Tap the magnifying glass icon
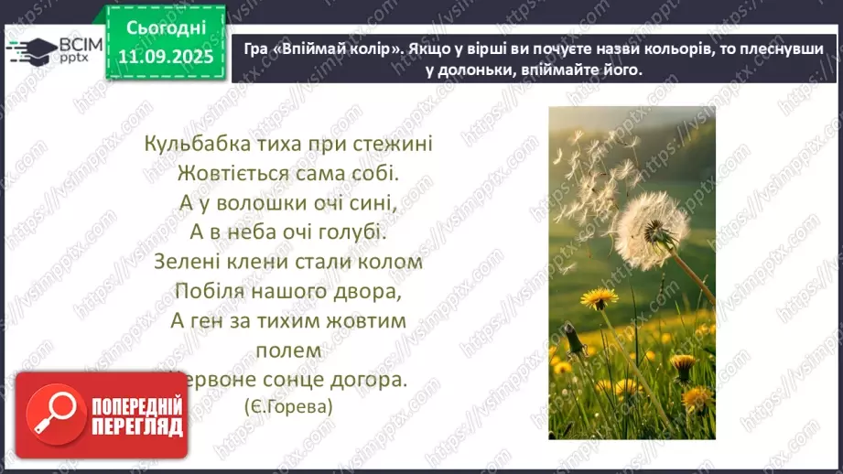(x=52, y=414)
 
